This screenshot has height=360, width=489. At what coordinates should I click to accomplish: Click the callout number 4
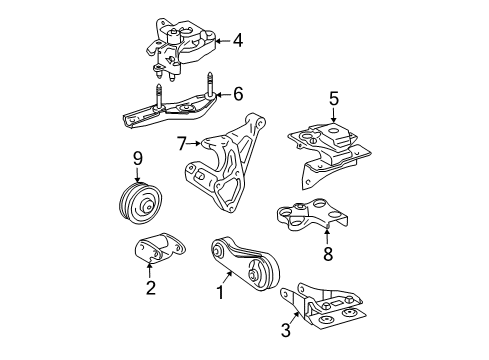(237, 41)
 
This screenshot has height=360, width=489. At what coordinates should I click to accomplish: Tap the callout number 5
(334, 99)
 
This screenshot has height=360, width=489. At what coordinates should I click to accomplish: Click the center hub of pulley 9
(145, 209)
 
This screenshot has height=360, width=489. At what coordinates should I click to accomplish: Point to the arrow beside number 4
(222, 41)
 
